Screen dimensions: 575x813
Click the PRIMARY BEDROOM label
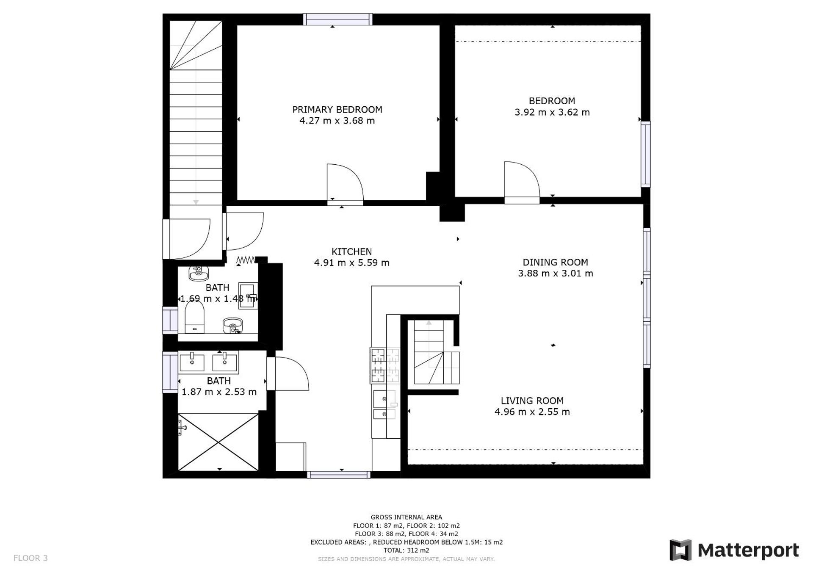pos(337,109)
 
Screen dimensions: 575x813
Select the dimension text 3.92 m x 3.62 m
pos(552,112)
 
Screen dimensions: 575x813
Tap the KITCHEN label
pos(351,252)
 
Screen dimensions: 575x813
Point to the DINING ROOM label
pos(555,262)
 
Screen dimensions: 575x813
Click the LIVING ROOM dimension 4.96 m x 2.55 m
pos(532,412)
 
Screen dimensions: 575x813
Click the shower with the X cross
pos(218,442)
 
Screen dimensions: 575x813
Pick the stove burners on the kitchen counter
pos(385,365)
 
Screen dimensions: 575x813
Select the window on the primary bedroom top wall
pos(337,19)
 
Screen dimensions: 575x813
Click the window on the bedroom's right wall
pos(645,154)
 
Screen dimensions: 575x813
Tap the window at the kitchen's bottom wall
pos(338,475)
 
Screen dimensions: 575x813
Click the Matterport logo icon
pos(680,550)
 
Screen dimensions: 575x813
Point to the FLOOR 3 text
pos(30,558)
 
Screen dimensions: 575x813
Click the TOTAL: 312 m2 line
pos(406,550)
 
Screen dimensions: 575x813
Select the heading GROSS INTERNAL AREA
pos(406,517)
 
